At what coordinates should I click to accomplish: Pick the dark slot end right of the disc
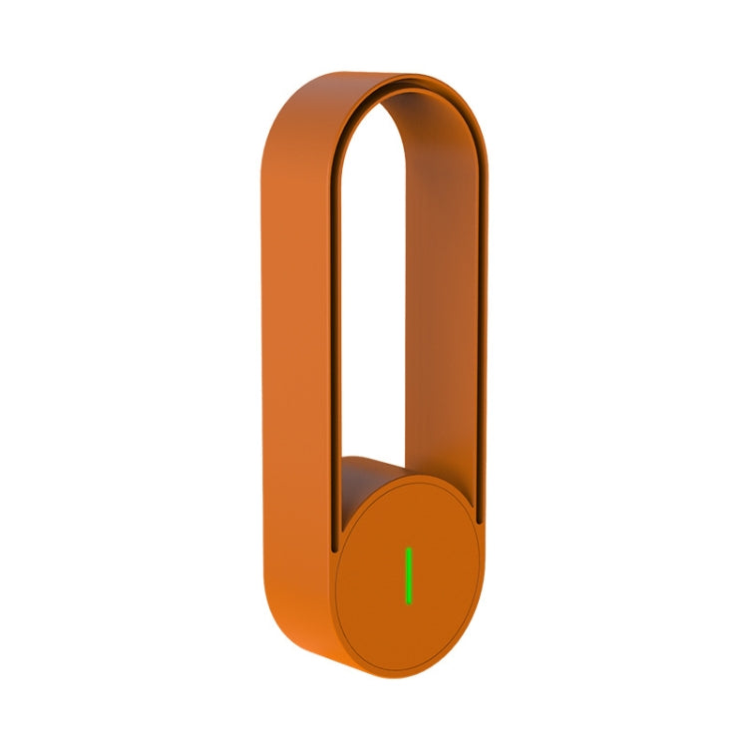pos(480,522)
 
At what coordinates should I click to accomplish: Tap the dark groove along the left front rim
pos(333,349)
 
